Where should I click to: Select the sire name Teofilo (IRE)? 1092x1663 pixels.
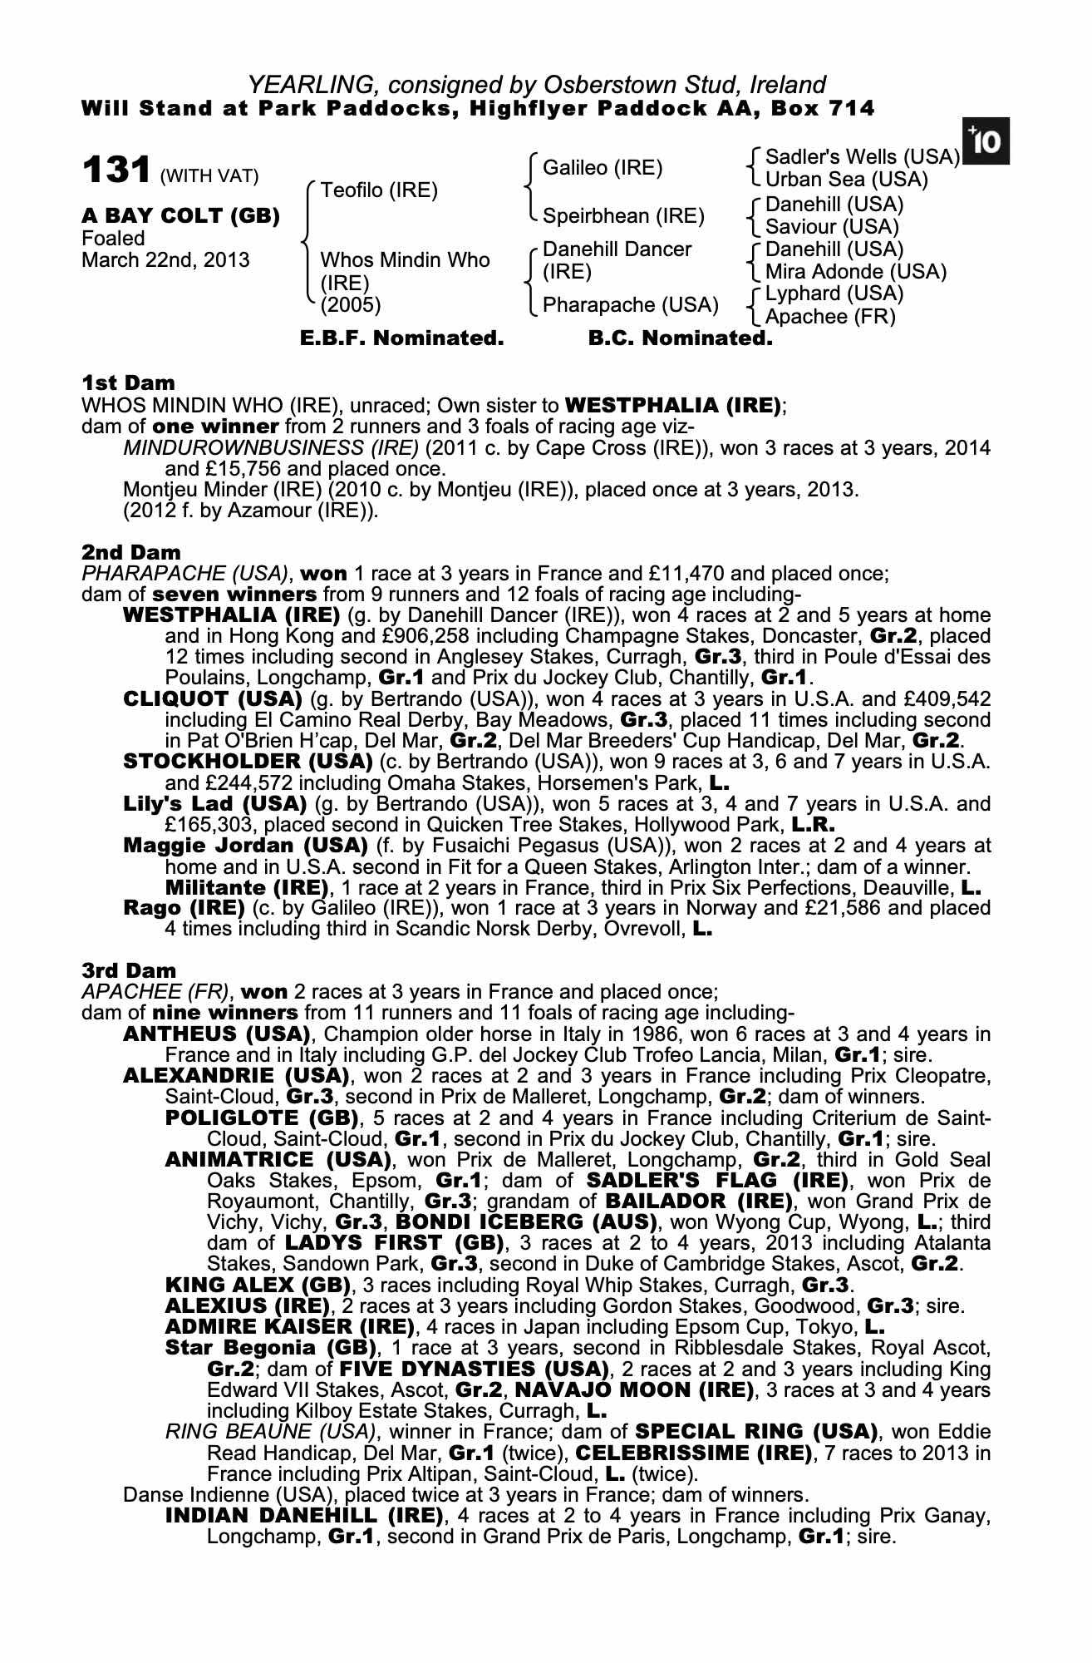[x=378, y=190]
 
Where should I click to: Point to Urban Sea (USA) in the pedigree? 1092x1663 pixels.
[x=846, y=180]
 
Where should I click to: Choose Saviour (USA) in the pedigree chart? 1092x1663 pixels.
[x=832, y=227]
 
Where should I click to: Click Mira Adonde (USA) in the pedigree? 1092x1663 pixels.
[x=855, y=272]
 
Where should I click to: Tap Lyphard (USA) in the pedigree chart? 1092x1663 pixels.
[x=834, y=294]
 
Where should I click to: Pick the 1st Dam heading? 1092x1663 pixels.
[x=128, y=383]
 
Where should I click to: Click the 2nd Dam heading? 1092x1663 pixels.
[x=130, y=552]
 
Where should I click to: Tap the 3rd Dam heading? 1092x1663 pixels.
[x=129, y=970]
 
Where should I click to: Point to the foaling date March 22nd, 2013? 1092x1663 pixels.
[x=165, y=260]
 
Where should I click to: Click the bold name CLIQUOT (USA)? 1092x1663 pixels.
[x=212, y=698]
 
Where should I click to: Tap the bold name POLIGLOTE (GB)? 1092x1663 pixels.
[x=262, y=1118]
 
